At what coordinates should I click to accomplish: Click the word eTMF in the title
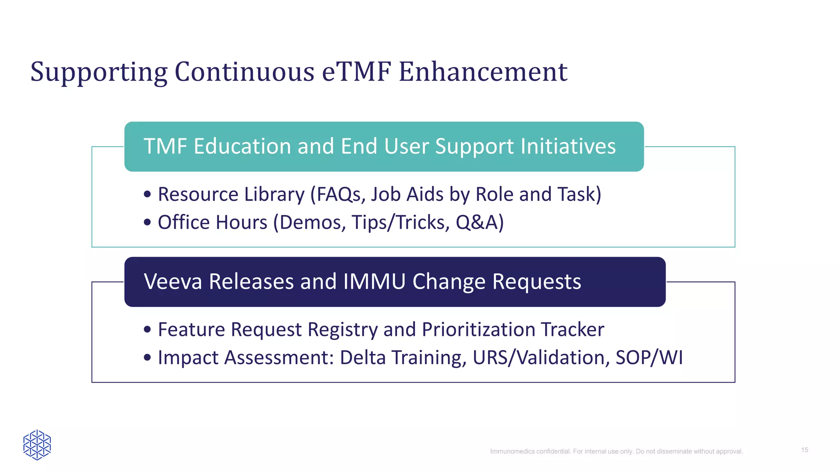[356, 72]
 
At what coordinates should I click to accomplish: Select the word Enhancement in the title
[483, 72]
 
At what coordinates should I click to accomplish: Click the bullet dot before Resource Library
[148, 194]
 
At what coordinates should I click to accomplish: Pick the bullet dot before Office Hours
[148, 223]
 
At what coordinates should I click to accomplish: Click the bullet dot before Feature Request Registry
[148, 329]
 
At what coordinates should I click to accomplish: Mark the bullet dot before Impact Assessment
[148, 358]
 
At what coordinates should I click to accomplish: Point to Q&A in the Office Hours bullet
[477, 223]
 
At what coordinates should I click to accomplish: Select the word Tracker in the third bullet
[572, 329]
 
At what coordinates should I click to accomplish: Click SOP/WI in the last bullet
[649, 358]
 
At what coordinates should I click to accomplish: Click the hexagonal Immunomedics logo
[37, 445]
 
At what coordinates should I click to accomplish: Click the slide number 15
[804, 450]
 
